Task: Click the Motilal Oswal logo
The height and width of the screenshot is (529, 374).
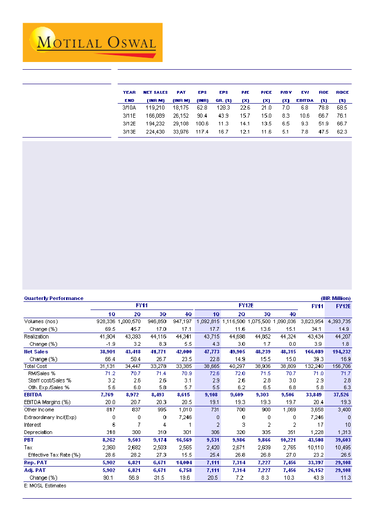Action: [x=92, y=43]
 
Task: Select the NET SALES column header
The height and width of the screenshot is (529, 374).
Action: [x=155, y=92]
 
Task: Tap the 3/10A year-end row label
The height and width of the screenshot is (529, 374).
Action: [x=129, y=108]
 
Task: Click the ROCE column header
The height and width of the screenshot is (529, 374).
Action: [x=342, y=92]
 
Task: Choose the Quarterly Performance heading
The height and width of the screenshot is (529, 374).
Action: [x=53, y=298]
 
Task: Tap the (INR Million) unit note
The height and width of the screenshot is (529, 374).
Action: [x=336, y=298]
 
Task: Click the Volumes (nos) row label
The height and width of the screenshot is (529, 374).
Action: [x=41, y=321]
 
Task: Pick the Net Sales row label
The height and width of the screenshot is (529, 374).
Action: [x=36, y=351]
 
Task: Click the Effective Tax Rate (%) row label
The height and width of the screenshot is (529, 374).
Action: [x=54, y=455]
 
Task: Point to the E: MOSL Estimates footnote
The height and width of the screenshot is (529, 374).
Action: [x=45, y=486]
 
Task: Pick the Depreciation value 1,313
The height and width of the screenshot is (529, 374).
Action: [x=343, y=432]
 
